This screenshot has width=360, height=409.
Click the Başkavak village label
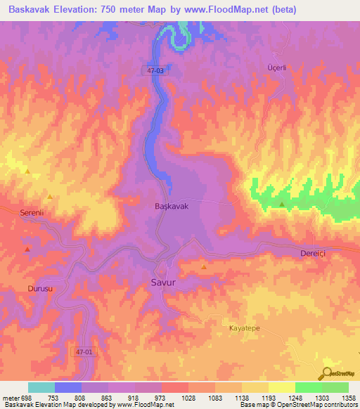pos(172,207)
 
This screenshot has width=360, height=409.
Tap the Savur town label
pos(162,283)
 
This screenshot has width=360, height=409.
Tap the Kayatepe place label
pos(246,328)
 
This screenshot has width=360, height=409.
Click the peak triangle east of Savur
pos(204,267)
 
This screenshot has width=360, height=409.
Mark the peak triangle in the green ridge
pos(282,204)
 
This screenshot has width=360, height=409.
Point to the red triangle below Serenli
pos(27,249)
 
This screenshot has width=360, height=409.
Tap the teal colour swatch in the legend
pos(41,387)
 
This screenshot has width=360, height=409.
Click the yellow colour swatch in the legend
pos(281,387)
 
